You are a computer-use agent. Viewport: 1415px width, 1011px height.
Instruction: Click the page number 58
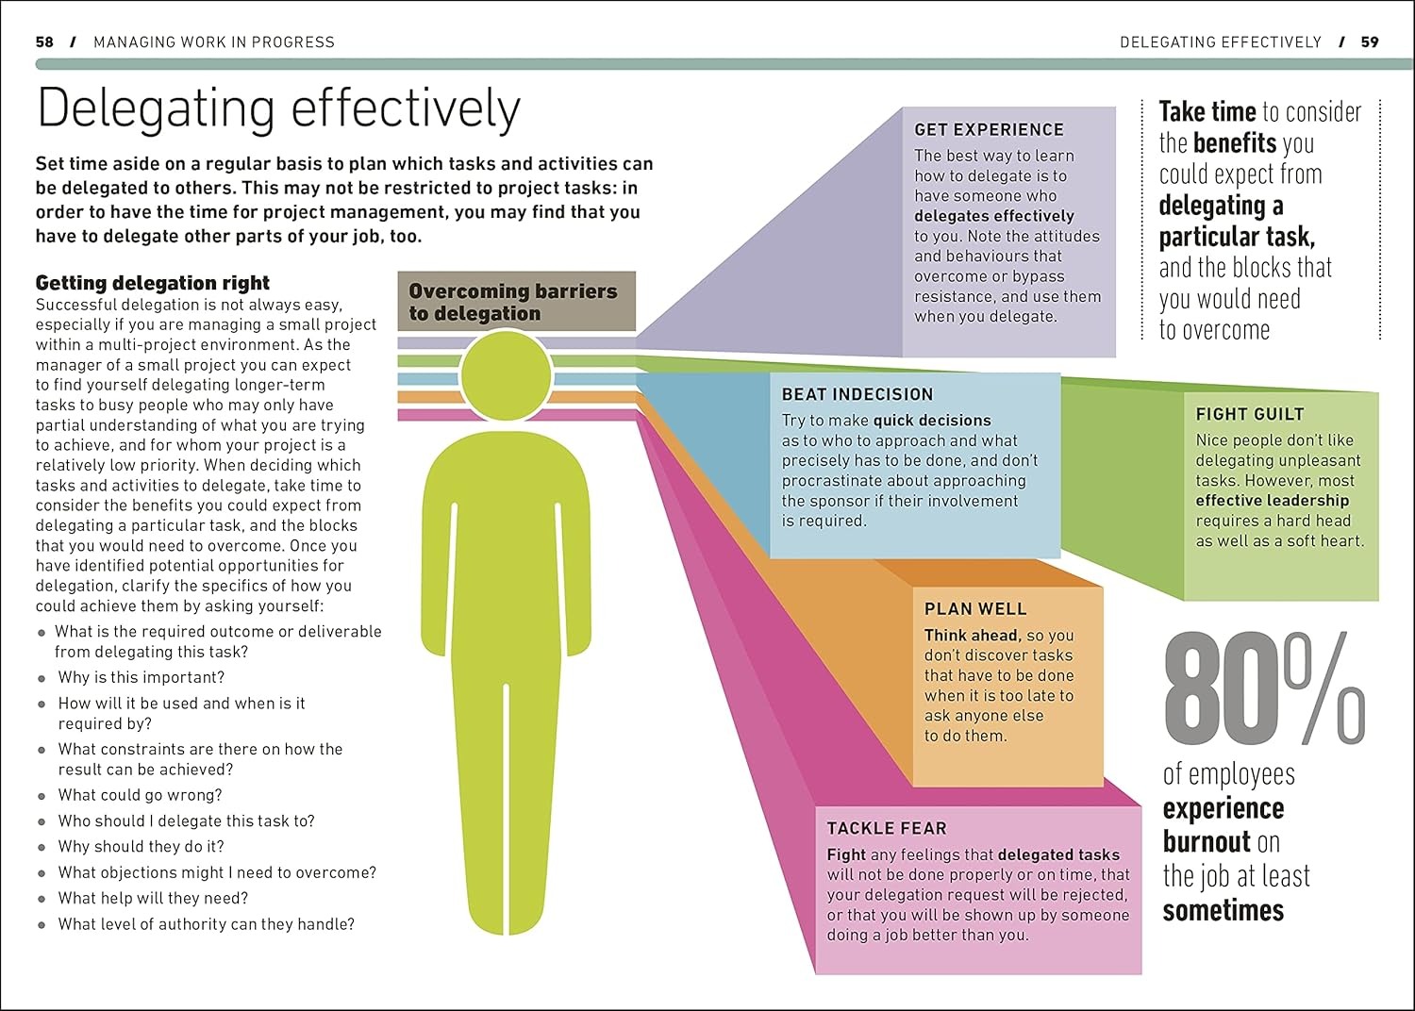[x=44, y=42]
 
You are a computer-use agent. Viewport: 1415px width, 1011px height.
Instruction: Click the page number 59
[x=1370, y=42]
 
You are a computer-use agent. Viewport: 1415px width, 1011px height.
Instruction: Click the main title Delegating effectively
[x=278, y=109]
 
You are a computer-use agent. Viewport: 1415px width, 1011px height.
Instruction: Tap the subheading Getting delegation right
[x=153, y=283]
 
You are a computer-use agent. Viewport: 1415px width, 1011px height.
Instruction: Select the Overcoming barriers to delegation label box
[x=516, y=302]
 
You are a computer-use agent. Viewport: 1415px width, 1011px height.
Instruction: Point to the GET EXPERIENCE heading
[x=989, y=130]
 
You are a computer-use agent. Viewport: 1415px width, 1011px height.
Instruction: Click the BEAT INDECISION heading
[x=857, y=395]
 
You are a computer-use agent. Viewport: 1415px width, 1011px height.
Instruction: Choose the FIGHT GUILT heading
[x=1249, y=414]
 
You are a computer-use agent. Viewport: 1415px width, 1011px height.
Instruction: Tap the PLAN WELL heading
[x=974, y=609]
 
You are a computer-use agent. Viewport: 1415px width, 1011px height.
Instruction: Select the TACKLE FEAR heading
[x=886, y=829]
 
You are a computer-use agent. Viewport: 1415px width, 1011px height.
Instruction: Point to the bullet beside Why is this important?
[x=42, y=678]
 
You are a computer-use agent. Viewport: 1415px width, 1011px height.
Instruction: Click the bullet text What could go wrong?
[x=140, y=795]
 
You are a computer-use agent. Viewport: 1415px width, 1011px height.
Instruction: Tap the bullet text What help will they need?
[x=153, y=898]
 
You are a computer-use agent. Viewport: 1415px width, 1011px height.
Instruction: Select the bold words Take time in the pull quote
[x=1207, y=112]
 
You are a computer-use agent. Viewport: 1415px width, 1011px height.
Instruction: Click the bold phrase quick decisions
[x=932, y=421]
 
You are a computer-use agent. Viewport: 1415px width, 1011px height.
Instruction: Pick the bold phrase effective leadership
[x=1272, y=501]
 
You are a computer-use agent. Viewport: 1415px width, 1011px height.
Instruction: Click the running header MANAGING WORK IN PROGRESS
[x=214, y=42]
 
